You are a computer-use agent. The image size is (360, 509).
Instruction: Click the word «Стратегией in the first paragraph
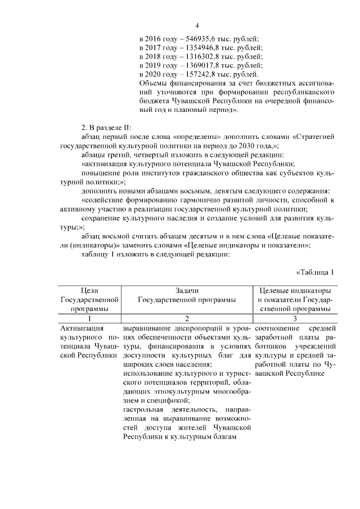pos(313,136)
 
